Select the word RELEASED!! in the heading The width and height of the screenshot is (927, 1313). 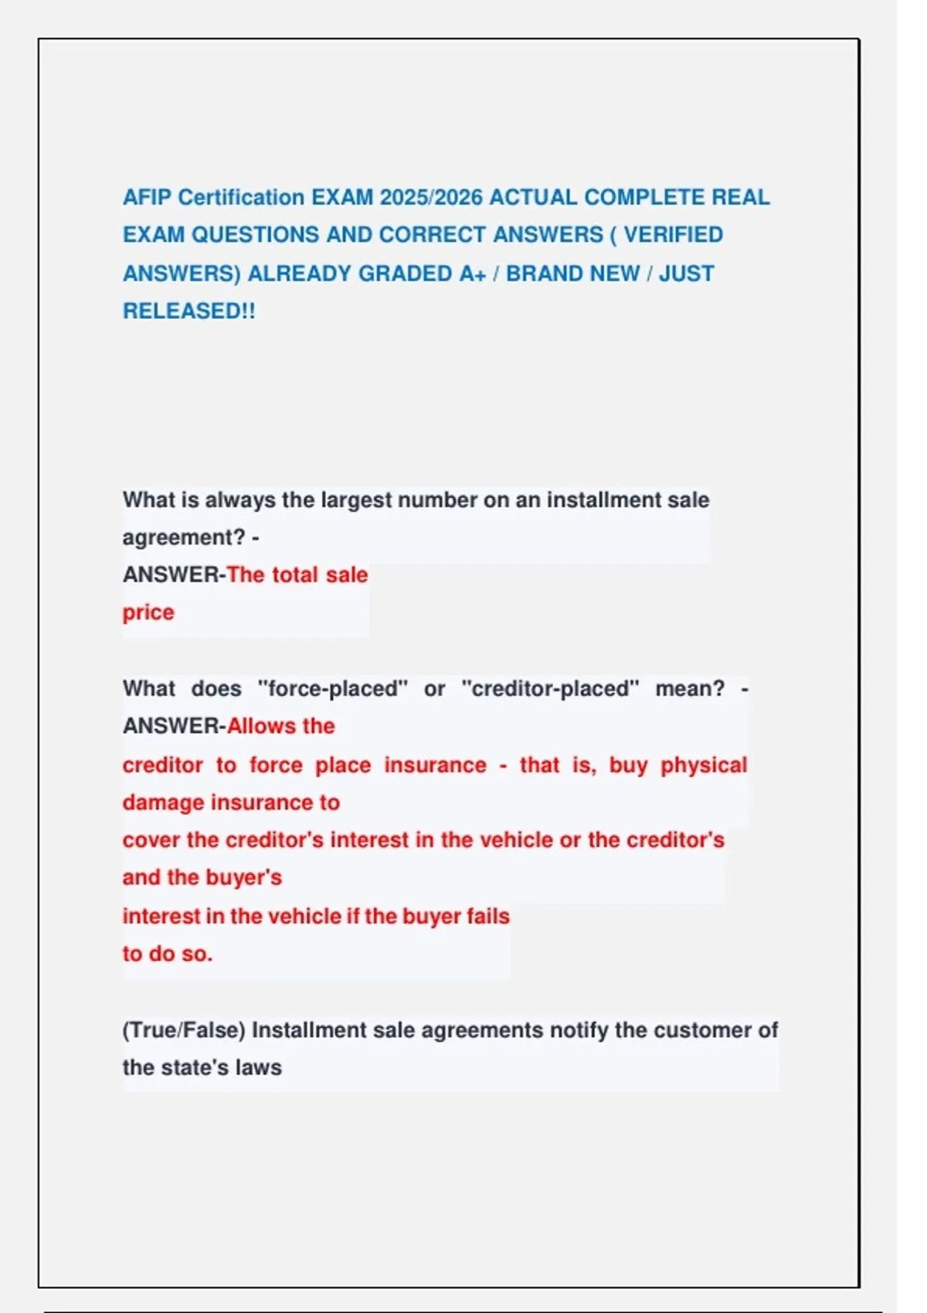point(188,311)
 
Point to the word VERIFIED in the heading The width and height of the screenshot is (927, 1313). point(673,235)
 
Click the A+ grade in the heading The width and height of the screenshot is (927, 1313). point(472,274)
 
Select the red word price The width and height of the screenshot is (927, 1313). point(148,612)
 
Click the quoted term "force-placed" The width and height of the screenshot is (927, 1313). point(332,688)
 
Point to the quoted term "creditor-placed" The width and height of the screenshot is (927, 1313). point(551,688)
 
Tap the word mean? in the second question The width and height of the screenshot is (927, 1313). point(690,688)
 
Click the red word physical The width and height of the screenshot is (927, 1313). point(704,765)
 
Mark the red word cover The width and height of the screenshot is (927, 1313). point(151,840)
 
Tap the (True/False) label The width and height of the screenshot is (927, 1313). point(184,1030)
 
